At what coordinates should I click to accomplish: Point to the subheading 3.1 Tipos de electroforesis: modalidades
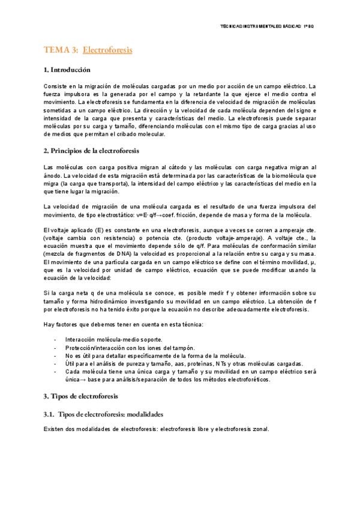tap(103, 415)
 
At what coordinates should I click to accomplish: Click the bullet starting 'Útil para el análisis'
tap(184, 364)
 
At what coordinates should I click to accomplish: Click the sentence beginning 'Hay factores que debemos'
tap(124, 324)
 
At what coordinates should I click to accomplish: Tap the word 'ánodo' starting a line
tap(52, 175)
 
